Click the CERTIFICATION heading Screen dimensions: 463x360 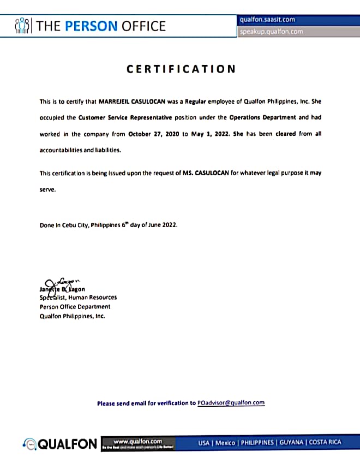[x=181, y=69]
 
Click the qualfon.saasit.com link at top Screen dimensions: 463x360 [x=267, y=20]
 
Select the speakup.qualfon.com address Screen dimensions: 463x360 [x=271, y=32]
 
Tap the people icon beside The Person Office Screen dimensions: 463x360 [x=22, y=25]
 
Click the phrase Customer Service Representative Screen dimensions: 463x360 [x=125, y=117]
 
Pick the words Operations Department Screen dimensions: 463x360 [x=263, y=117]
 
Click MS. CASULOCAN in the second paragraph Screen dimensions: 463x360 [x=218, y=173]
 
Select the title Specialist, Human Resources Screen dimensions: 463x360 [x=78, y=298]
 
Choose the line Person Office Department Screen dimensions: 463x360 [x=75, y=307]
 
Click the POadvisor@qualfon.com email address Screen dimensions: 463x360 [x=231, y=403]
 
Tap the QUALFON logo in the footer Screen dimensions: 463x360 [x=60, y=444]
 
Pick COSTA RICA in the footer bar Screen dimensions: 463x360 [x=325, y=443]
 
